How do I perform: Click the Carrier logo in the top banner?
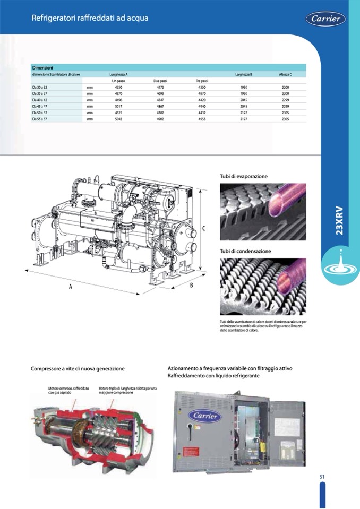click(325, 19)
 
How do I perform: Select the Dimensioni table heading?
click(42, 68)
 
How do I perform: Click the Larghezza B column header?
click(243, 74)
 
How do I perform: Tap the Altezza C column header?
click(285, 74)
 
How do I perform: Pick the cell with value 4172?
click(160, 87)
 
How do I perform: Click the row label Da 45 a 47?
click(40, 106)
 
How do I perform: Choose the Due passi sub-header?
click(160, 81)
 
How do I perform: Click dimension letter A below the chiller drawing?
click(70, 286)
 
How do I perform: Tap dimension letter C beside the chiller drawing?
click(204, 228)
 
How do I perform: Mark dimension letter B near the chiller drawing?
click(191, 285)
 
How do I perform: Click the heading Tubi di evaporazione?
click(244, 176)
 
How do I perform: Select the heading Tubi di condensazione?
click(245, 251)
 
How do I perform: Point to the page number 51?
click(322, 476)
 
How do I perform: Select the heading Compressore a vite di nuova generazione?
click(78, 368)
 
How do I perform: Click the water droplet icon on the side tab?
click(340, 264)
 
